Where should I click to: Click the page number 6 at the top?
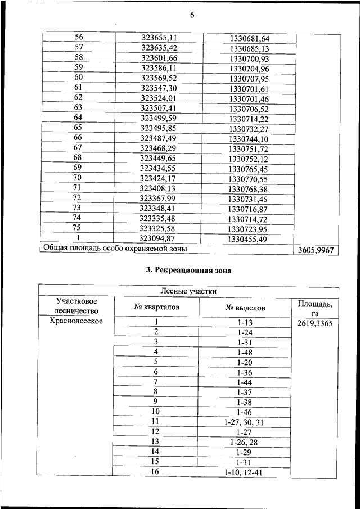pos(191,15)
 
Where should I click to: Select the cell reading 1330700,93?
pos(250,59)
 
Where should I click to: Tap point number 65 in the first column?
pos(78,128)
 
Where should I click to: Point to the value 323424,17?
pos(159,178)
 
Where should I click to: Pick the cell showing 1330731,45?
pos(249,199)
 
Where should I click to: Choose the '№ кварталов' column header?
pos(156,308)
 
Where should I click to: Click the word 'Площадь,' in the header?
pos(316,304)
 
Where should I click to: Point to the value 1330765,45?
pos(249,169)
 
